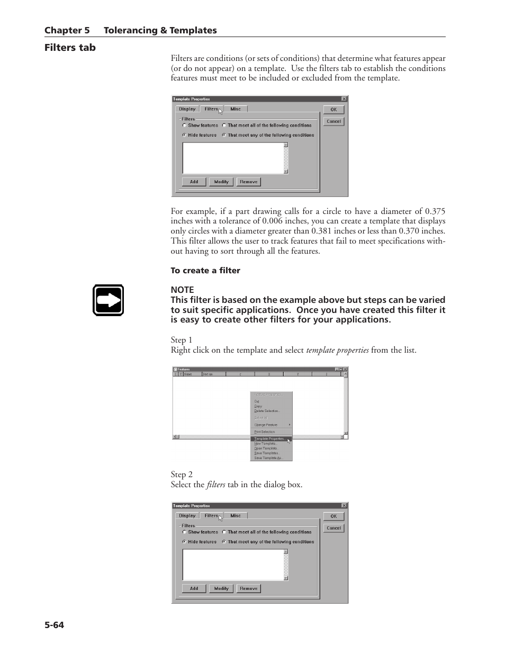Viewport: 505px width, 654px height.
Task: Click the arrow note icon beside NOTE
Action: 108,300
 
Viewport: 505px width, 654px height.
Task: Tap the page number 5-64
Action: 54,625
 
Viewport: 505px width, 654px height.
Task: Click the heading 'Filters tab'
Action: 70,48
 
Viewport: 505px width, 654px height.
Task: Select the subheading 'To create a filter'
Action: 205,271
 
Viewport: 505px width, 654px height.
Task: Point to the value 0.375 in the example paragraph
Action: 435,211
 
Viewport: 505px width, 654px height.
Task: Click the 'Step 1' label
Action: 181,340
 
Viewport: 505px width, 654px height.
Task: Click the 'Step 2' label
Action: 181,474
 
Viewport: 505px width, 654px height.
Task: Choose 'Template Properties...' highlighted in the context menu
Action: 269,439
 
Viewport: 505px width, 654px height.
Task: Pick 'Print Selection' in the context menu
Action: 265,432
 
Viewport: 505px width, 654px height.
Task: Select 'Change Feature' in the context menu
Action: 266,425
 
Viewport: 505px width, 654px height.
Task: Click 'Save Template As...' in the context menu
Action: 268,458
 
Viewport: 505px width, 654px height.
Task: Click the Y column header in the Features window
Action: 297,374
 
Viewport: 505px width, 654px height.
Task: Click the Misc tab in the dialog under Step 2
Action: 236,516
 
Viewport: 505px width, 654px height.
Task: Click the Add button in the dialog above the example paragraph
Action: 194,182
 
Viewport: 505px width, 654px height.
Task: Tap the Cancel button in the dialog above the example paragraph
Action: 333,121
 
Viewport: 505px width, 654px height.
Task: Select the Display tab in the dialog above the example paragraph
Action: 187,109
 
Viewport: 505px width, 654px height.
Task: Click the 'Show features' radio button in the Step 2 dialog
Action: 184,532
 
